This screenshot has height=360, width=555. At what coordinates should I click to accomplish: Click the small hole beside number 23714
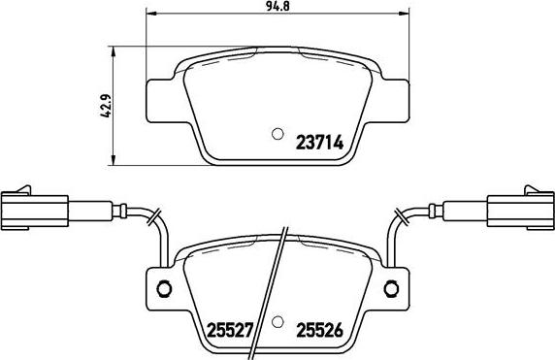point(277,135)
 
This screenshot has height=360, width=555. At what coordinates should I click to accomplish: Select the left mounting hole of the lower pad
point(164,287)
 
